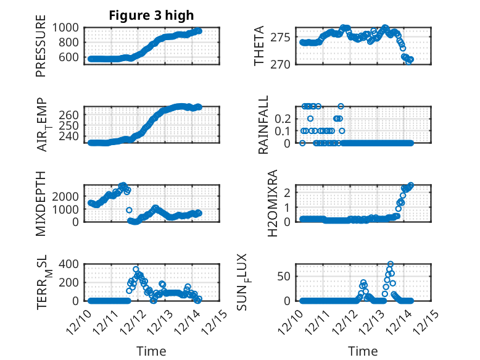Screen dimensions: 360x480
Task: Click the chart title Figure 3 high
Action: (151, 15)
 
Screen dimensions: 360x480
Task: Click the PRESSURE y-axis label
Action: (41, 50)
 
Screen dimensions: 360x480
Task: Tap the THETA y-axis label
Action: (259, 46)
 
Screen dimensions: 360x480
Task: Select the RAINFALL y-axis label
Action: (263, 125)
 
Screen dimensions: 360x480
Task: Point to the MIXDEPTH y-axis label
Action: (41, 203)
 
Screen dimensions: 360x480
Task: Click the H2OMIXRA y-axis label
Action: (263, 203)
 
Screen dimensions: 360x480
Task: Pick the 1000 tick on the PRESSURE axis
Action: (65, 27)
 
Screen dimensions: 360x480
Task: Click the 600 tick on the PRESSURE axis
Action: (69, 57)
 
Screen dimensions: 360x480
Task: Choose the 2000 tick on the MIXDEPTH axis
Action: (65, 196)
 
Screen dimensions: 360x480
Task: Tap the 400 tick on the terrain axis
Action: (69, 264)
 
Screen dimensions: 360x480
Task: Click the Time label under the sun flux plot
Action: (362, 351)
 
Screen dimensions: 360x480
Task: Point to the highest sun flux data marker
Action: (391, 264)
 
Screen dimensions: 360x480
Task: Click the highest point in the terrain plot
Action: (136, 269)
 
